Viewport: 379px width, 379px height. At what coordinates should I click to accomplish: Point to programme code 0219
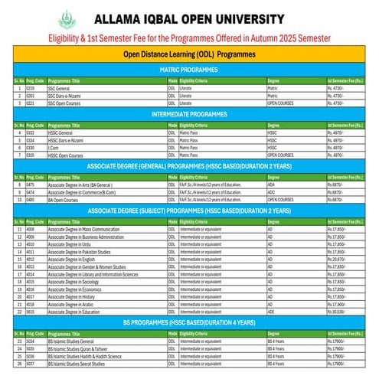[31, 88]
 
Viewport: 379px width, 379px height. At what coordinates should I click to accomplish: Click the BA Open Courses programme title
[64, 199]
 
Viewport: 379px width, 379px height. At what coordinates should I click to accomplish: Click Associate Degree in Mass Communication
[84, 229]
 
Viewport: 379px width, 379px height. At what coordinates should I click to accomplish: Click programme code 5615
[31, 312]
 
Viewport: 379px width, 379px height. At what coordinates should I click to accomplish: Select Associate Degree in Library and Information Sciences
[92, 274]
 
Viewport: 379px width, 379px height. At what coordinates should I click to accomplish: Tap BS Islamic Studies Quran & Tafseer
[80, 348]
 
